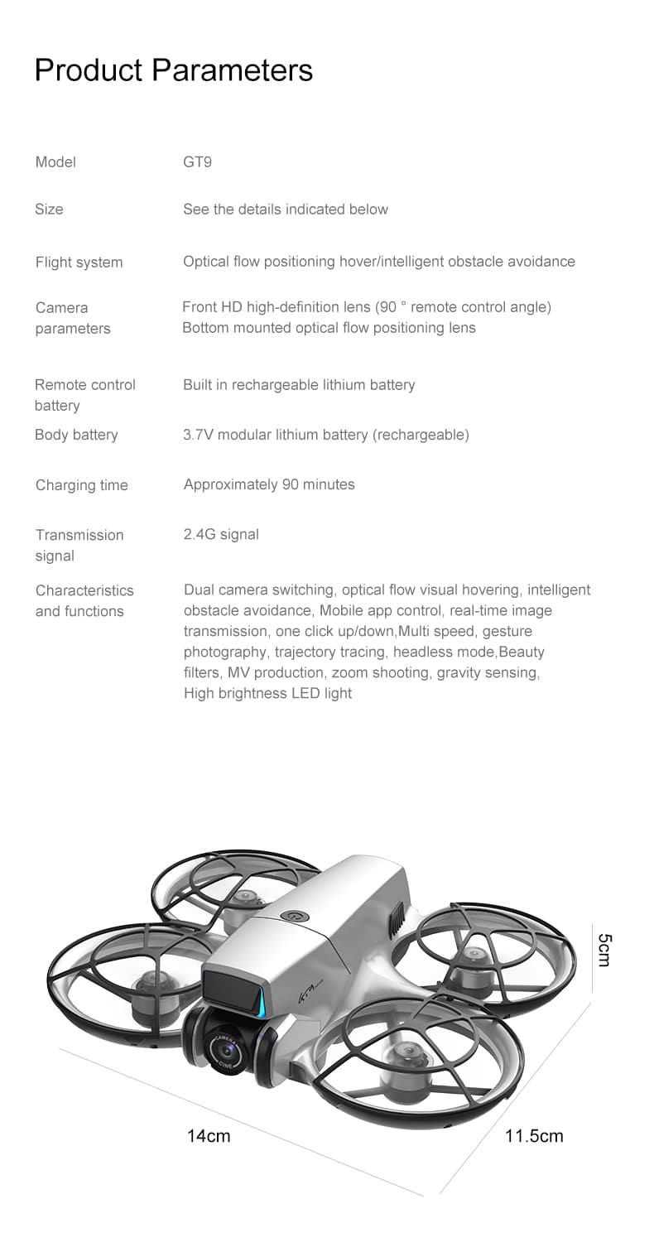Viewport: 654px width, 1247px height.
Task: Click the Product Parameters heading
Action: [x=174, y=70]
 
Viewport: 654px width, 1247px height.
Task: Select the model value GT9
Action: [x=197, y=162]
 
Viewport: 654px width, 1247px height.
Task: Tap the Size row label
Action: [x=49, y=209]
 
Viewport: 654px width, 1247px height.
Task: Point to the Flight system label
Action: [x=79, y=262]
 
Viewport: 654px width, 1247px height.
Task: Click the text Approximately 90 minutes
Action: [x=269, y=484]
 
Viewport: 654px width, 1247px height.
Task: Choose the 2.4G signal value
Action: [x=221, y=535]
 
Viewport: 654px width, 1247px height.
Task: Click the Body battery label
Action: [x=76, y=435]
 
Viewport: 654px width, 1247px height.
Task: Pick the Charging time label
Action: [x=81, y=485]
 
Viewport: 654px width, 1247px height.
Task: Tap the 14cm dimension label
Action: [x=209, y=1135]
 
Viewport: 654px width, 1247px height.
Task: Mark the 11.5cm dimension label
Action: [x=534, y=1135]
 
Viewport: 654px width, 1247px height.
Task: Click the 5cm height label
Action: [x=604, y=949]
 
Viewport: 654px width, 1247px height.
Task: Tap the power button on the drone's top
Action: [x=291, y=917]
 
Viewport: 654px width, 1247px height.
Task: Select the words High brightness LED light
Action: [x=267, y=694]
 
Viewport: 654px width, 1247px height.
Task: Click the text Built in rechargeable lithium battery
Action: [x=299, y=385]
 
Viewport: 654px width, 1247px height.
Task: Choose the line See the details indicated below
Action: [x=286, y=209]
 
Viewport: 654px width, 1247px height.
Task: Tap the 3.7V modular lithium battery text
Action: [x=326, y=435]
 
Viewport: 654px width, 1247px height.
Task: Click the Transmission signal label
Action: [x=79, y=545]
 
